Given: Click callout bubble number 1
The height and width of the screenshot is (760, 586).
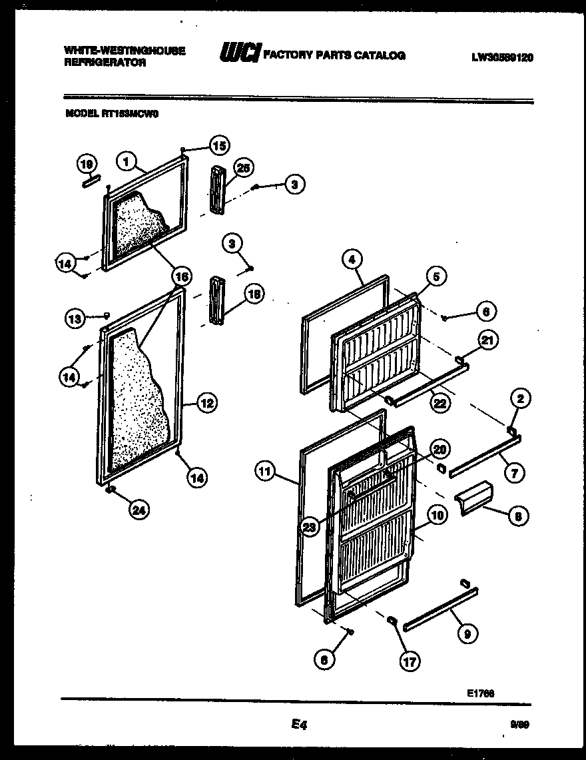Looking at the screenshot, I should (x=127, y=161).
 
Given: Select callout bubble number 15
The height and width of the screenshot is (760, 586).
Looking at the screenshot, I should (x=218, y=145).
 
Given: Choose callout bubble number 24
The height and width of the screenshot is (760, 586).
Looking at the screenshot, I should (x=139, y=510).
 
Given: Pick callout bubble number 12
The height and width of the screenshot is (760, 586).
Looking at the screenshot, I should (x=206, y=402).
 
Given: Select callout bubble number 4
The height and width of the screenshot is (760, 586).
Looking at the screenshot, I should (x=354, y=258).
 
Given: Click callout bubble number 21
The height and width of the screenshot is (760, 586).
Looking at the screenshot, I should (x=488, y=342).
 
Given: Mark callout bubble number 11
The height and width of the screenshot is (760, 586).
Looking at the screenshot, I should (x=265, y=472).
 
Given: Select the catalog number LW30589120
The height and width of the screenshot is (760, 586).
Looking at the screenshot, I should (x=502, y=57).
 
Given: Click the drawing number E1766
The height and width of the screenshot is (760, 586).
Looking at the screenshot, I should (x=479, y=693).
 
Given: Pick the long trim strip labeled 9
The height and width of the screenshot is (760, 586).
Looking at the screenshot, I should (x=439, y=607).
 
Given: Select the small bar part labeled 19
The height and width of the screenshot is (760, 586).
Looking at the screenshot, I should (x=91, y=181).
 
